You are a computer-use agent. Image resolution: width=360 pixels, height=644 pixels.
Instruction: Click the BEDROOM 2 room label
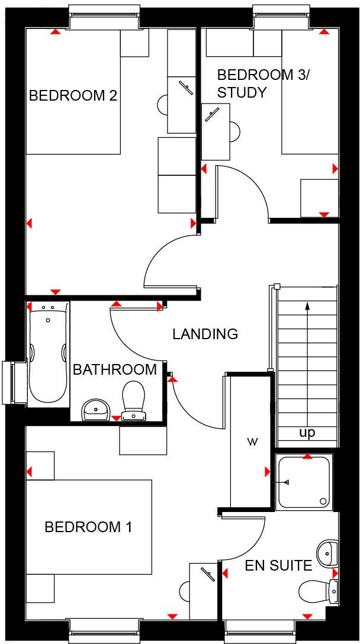(x=73, y=95)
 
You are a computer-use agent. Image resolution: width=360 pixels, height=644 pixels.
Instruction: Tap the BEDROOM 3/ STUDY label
(x=255, y=83)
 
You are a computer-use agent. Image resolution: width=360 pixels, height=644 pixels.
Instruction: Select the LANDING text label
(x=205, y=334)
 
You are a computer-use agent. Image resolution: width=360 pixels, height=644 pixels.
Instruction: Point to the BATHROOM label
(x=115, y=370)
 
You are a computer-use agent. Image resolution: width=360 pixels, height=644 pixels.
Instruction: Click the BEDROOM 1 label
(x=88, y=527)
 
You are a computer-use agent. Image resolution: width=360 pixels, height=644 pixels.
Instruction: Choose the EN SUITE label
(x=278, y=566)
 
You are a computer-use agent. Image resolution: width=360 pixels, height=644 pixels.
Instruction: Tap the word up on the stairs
(x=307, y=433)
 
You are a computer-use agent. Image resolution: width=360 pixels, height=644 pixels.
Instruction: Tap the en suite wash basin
(x=326, y=553)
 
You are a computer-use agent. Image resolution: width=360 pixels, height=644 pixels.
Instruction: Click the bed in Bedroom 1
(x=89, y=527)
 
